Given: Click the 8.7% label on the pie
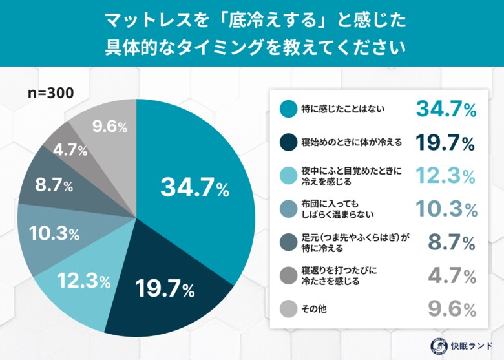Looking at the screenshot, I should [54, 185].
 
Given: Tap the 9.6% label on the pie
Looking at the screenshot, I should [109, 127].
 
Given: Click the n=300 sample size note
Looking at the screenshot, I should [51, 92].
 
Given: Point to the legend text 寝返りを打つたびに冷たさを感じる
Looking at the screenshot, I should [337, 276].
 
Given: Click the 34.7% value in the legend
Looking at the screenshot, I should [446, 109].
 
